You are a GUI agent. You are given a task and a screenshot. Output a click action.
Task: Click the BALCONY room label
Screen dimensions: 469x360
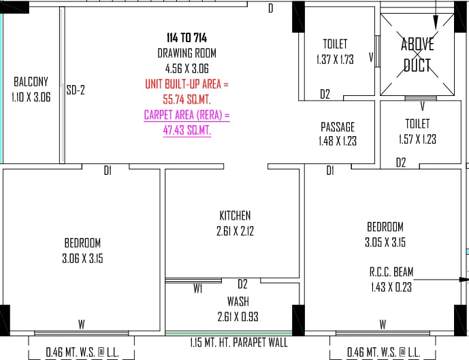point(31,82)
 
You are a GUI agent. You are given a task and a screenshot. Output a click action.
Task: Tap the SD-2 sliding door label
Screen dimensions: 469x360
point(76,90)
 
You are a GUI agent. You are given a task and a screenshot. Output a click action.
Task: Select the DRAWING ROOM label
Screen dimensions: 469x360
point(187,53)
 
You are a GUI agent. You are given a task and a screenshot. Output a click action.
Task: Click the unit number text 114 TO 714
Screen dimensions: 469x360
point(187,37)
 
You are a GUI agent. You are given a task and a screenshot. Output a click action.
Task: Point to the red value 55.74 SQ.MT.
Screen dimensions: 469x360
point(187,99)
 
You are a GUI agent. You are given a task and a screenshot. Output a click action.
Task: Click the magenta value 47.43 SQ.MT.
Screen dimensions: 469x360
point(187,131)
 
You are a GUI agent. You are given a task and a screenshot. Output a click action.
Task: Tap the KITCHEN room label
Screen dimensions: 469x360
point(235,216)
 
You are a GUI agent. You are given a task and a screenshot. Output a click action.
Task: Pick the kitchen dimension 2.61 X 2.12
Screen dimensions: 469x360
point(235,231)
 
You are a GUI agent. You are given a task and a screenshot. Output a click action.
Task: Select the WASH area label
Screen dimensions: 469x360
point(238,301)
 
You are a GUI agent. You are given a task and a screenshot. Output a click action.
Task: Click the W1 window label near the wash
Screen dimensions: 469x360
point(197,289)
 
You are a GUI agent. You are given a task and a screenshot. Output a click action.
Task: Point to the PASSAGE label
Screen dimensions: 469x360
point(338,127)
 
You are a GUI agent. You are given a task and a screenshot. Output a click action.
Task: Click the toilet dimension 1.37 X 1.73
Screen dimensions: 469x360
point(335,59)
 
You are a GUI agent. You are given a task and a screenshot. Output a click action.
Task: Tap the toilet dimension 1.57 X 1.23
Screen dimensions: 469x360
point(417,139)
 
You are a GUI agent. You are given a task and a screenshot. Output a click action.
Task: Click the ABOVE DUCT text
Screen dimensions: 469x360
point(417,54)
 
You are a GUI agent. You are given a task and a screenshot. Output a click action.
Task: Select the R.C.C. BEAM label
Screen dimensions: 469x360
point(391,272)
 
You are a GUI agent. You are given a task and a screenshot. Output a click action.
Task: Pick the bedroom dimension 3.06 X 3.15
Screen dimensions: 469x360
point(82,259)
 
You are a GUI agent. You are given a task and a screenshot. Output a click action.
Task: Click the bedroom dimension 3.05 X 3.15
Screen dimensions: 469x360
point(385,242)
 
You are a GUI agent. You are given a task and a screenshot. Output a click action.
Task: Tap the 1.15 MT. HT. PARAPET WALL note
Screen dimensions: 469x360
point(239,342)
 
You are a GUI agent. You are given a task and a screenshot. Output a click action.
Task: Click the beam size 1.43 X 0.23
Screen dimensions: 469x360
point(391,287)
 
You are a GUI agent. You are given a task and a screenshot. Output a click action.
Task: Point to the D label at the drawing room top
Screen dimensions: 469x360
point(271,8)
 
